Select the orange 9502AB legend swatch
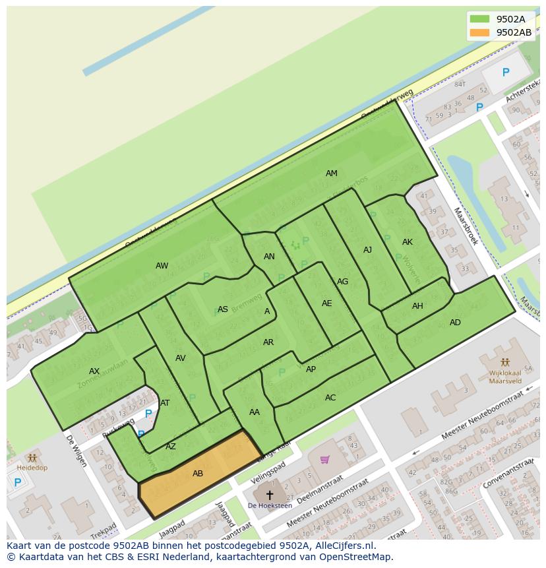tap(479, 32)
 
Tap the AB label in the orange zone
tap(198, 474)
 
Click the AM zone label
tap(331, 174)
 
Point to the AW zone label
tap(162, 266)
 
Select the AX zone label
tap(94, 371)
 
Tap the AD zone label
tap(455, 323)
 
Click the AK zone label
tap(407, 242)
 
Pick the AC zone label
tap(330, 398)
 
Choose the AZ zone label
tap(171, 447)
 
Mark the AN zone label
tap(269, 257)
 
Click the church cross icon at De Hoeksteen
tap(269, 494)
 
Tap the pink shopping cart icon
tap(324, 459)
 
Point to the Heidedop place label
tap(32, 467)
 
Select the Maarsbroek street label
tap(465, 226)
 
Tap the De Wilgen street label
tap(76, 450)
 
